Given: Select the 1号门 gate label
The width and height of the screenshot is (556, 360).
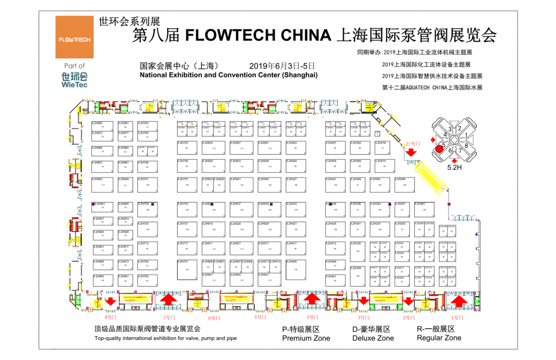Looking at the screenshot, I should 458,317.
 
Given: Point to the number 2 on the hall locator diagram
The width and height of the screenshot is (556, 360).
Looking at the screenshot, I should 459,129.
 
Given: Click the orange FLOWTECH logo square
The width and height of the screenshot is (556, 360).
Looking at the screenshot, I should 74,37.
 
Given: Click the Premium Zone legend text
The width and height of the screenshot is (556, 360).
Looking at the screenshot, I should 305,338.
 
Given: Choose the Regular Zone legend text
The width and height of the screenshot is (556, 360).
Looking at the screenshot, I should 439,338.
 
